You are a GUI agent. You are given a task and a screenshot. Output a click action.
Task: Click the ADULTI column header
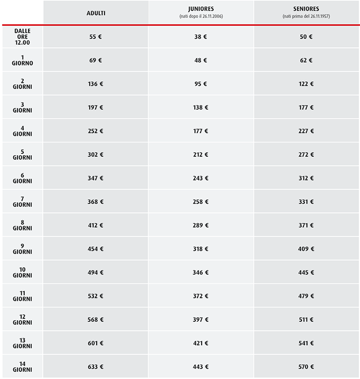[96, 12]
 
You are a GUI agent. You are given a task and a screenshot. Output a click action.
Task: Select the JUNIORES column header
[201, 9]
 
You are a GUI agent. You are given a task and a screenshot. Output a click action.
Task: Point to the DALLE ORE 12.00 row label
[23, 37]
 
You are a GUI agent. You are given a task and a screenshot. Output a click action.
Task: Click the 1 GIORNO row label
[23, 60]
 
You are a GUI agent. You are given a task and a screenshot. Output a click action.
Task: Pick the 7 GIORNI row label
[23, 202]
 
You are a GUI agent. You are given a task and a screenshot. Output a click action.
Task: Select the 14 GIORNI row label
[23, 367]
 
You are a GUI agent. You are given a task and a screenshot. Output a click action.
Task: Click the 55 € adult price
[96, 37]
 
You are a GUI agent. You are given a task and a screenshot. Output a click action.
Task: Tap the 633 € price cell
[96, 367]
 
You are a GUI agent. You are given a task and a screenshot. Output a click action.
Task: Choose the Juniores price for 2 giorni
[201, 84]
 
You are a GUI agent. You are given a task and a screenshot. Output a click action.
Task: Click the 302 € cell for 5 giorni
[96, 155]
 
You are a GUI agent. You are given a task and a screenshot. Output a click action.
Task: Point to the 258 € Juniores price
[201, 202]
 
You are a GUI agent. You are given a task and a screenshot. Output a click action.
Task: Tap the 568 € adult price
[96, 319]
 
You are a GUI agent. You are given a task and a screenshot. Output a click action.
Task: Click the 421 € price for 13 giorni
[201, 343]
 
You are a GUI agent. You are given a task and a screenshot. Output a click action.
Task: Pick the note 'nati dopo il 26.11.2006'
[201, 16]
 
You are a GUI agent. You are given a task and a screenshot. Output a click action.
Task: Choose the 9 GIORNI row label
[23, 249]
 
